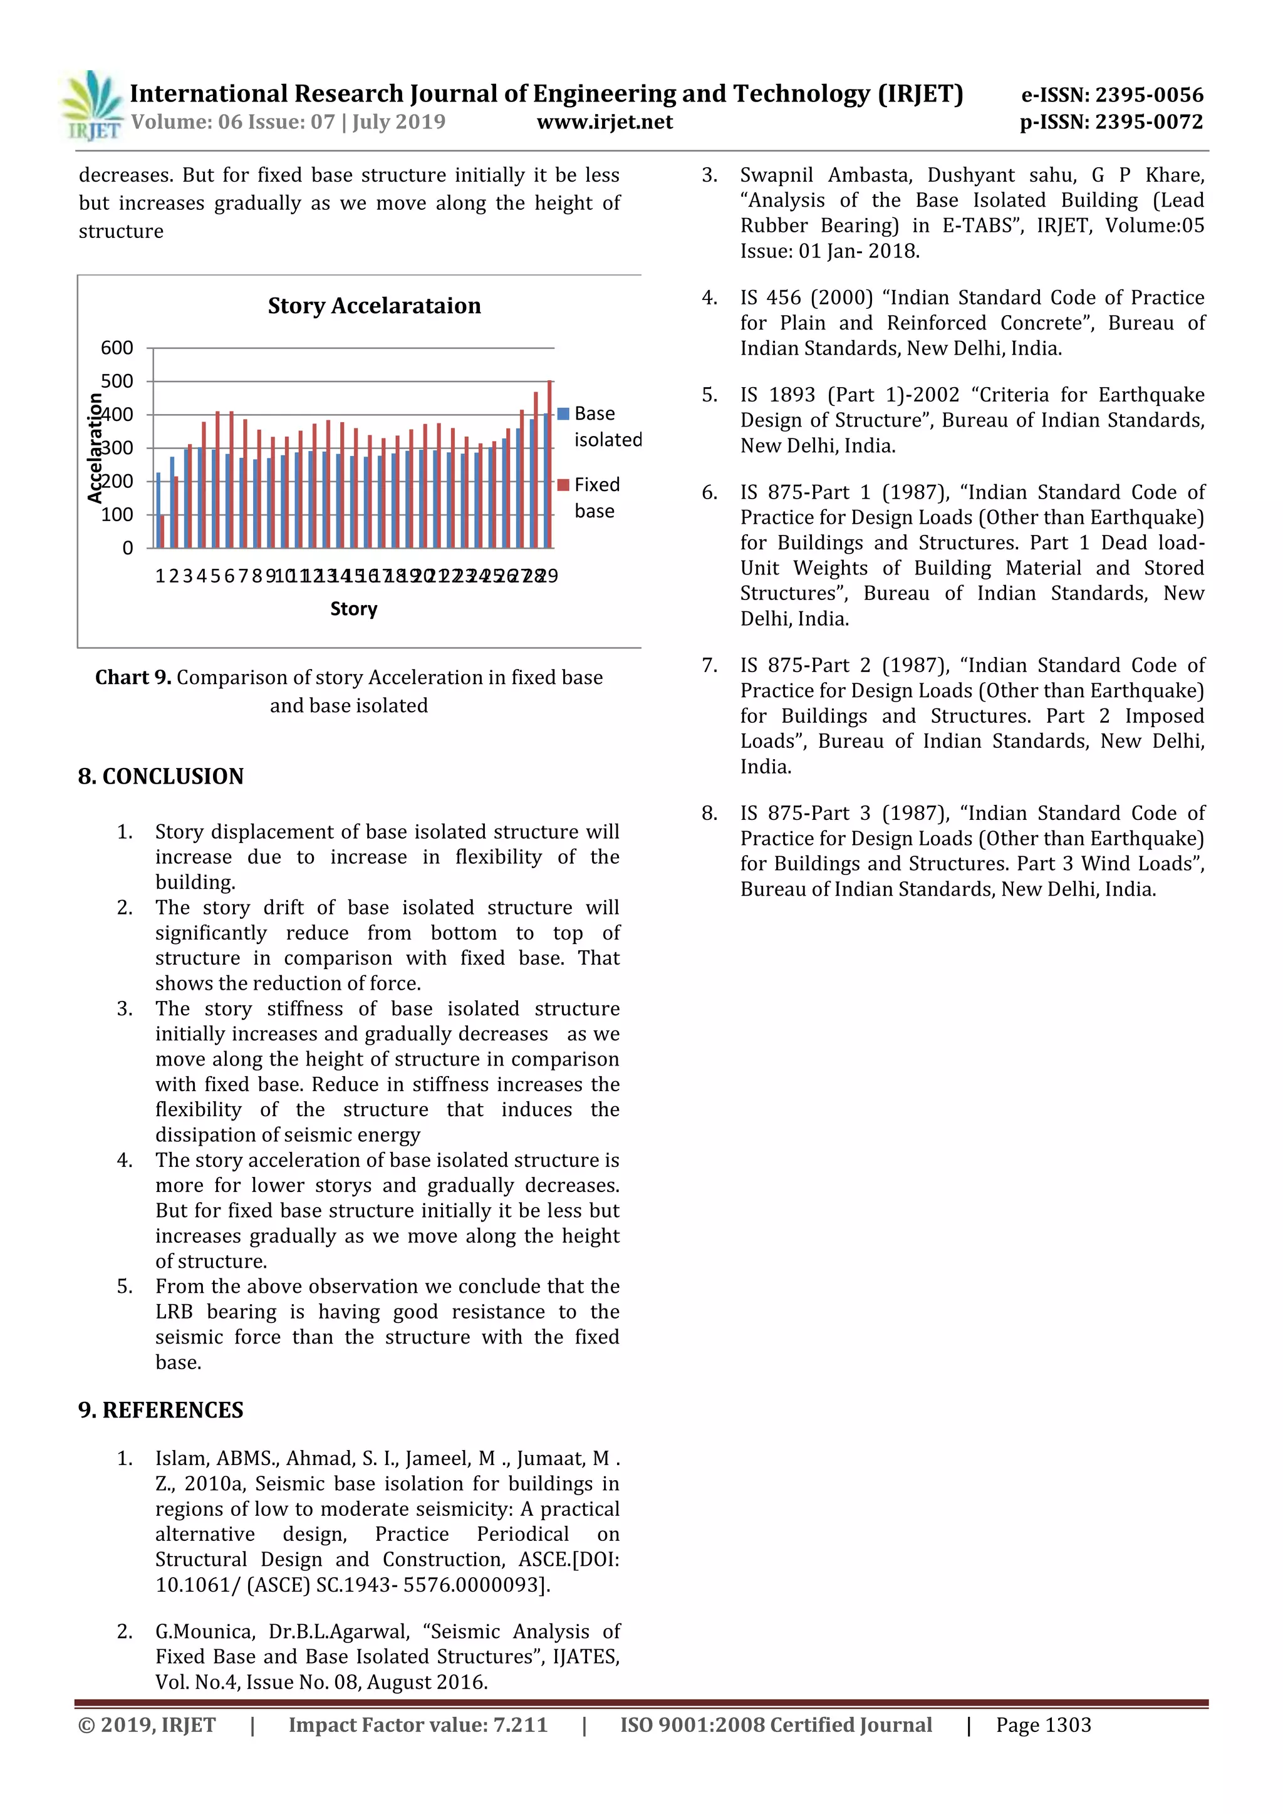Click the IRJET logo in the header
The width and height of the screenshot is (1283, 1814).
[93, 106]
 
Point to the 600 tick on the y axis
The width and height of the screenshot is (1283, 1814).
[117, 348]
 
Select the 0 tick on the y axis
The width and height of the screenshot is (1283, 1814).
[127, 548]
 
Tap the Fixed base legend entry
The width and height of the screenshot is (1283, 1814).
[594, 497]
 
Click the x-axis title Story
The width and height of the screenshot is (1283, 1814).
[353, 608]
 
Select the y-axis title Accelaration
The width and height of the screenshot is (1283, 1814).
[95, 448]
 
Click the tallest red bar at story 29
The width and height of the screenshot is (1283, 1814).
[550, 464]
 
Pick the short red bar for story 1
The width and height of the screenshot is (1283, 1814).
[163, 531]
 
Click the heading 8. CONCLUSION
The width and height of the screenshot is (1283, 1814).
[161, 776]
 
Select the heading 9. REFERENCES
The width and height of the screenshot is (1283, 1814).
[161, 1409]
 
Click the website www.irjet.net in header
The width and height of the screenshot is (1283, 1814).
[605, 122]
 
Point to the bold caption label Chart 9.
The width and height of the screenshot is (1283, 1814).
[133, 677]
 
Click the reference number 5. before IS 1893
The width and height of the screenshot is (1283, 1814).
[709, 395]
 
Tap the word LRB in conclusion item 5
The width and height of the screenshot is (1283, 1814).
[174, 1312]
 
